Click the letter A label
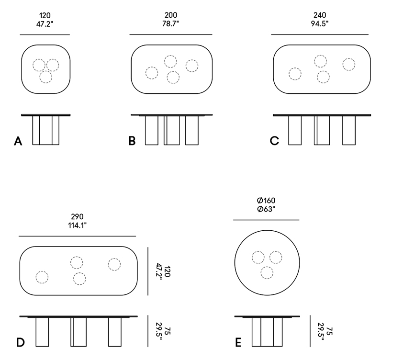[18, 141]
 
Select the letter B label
[132, 141]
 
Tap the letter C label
[275, 141]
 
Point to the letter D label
[21, 342]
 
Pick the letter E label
[238, 342]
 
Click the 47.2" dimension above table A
[45, 24]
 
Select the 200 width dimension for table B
[171, 15]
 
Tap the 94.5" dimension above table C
[320, 23]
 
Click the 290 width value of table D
[77, 217]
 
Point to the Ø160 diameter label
[266, 200]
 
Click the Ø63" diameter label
[266, 209]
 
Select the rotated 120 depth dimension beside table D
[167, 271]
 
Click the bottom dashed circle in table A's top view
[46, 77]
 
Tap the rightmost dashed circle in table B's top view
[192, 66]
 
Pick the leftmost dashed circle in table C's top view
[295, 74]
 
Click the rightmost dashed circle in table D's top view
[114, 264]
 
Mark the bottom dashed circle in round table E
[267, 273]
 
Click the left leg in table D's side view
[42, 332]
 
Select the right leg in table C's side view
[349, 130]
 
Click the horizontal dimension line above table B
[171, 34]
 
